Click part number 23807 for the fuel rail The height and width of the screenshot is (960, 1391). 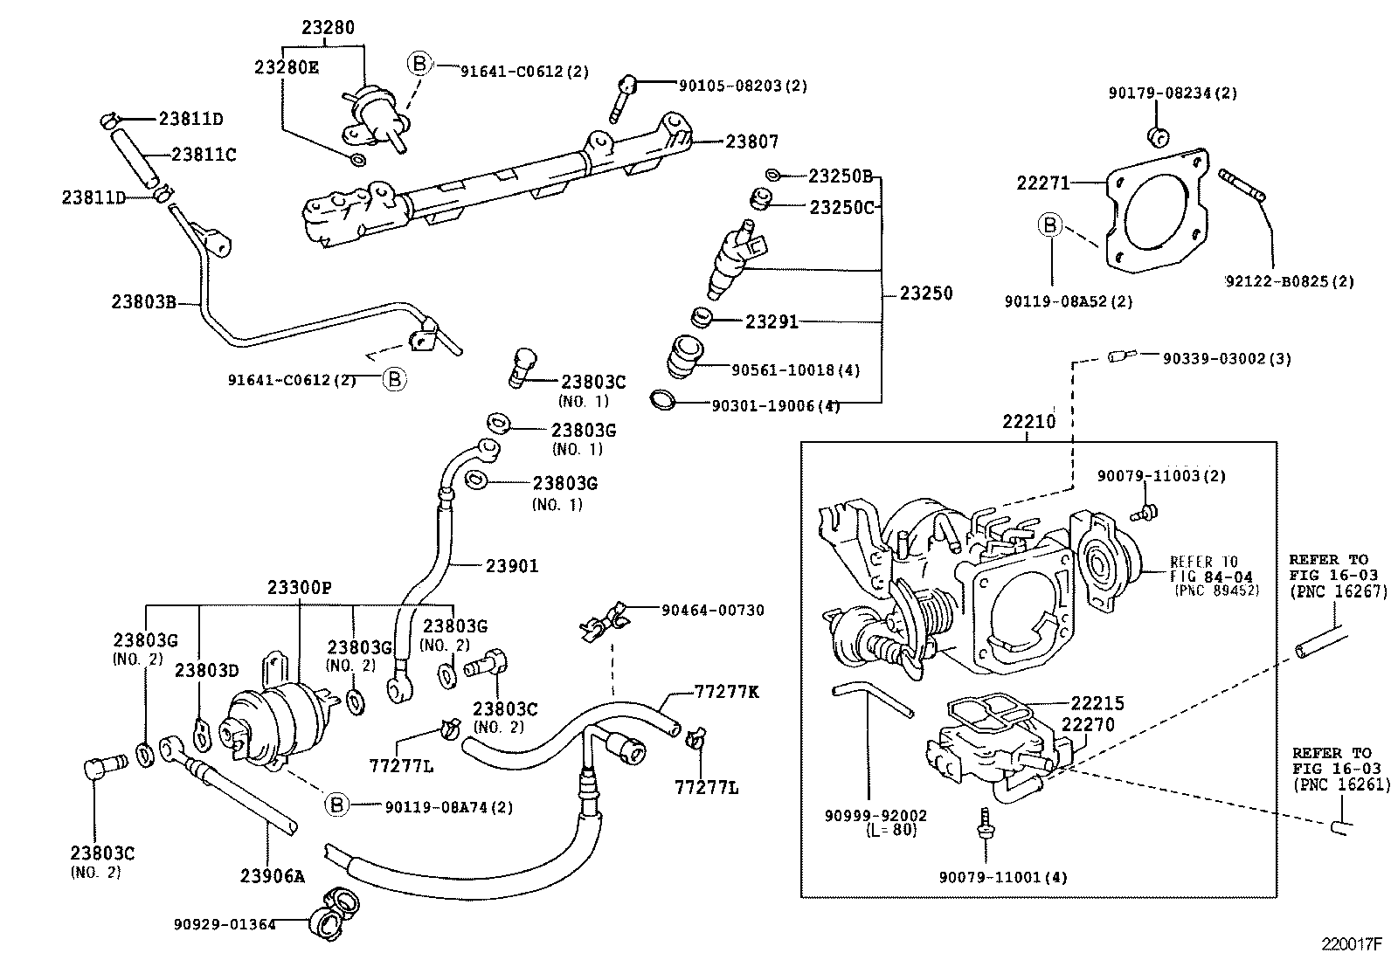coord(751,142)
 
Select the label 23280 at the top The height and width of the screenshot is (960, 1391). coord(329,28)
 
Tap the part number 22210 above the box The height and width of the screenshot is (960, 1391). coord(1028,422)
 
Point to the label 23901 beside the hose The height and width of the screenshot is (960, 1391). coord(512,566)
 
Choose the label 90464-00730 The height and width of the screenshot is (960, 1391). coord(712,610)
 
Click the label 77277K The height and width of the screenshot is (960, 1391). coord(726,692)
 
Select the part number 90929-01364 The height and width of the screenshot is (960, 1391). coord(225,923)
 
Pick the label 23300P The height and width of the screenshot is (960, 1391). coord(300,588)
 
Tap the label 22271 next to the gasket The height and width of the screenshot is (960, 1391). coord(1042,183)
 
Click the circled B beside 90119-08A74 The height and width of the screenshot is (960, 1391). coord(337,805)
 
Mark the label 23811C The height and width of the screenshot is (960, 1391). coord(204,155)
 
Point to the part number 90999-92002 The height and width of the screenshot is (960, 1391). coord(875,815)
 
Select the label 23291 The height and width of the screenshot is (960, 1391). coord(772,321)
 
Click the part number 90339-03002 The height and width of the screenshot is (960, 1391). coord(1215,358)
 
